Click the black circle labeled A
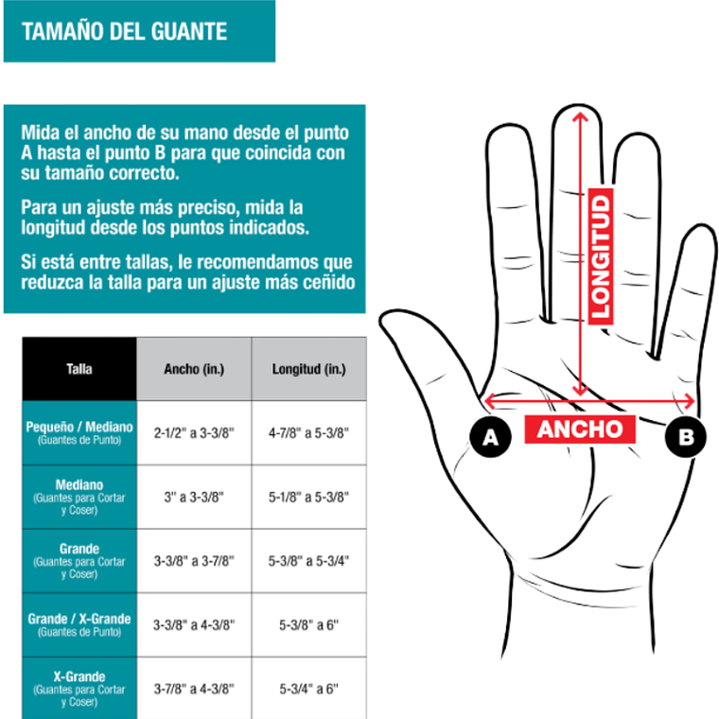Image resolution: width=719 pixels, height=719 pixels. click(x=490, y=436)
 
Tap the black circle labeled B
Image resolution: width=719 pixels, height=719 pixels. click(x=685, y=436)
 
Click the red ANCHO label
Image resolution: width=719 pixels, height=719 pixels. click(x=581, y=429)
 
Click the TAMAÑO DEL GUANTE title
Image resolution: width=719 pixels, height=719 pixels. click(x=124, y=31)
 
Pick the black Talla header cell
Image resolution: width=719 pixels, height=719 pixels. click(x=79, y=369)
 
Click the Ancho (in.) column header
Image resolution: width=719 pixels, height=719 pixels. click(x=194, y=369)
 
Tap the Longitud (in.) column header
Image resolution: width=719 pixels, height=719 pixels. click(x=309, y=369)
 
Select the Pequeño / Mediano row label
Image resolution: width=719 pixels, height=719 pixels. click(x=79, y=432)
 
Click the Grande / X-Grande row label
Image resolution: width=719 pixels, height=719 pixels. click(x=79, y=624)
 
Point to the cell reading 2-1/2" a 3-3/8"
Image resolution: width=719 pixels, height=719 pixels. click(x=194, y=432)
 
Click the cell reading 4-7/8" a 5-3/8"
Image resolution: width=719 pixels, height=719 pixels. click(x=309, y=432)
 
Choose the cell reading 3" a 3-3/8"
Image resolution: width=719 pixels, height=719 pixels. click(x=194, y=497)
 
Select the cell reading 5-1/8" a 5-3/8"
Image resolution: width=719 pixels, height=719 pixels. click(x=309, y=497)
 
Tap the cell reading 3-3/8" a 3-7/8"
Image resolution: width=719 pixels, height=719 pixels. click(x=194, y=561)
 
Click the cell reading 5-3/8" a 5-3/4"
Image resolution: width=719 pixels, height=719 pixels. click(x=309, y=561)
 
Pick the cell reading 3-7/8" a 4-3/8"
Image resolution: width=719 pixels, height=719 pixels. click(x=194, y=689)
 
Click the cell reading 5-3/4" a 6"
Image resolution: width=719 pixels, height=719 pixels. click(x=309, y=689)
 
